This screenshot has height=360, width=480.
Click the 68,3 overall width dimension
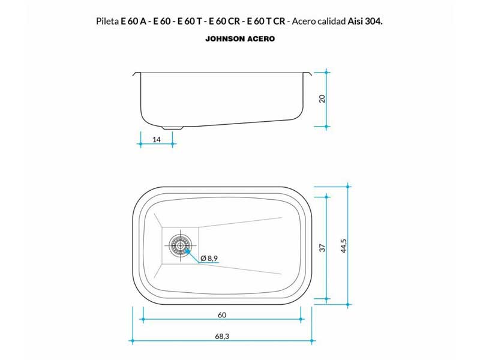point(222,337)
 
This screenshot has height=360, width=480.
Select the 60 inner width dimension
point(222,315)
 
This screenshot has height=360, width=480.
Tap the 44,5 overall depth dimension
point(343,246)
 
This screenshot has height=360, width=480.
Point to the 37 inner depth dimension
point(322,248)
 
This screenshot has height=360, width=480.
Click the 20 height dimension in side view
point(322,98)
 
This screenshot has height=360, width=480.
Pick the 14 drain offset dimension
point(157,140)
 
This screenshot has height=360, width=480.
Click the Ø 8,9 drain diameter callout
point(209,259)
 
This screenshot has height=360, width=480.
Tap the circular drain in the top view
point(180,245)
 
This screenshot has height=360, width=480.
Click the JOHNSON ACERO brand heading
point(240,39)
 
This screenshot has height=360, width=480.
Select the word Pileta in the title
point(107,21)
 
